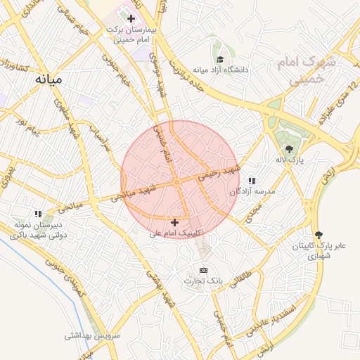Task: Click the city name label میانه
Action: click(x=48, y=79)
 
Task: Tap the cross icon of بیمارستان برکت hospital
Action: click(x=131, y=18)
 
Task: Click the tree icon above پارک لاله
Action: click(x=289, y=148)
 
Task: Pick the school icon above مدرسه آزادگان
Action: click(x=252, y=181)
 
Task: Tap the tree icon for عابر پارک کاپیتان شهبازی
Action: click(x=320, y=235)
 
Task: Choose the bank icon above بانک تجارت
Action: click(x=204, y=270)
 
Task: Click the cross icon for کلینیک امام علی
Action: click(x=174, y=222)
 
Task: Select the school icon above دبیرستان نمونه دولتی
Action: click(x=39, y=213)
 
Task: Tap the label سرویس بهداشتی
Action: click(x=92, y=335)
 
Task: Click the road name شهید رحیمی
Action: click(x=218, y=172)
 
